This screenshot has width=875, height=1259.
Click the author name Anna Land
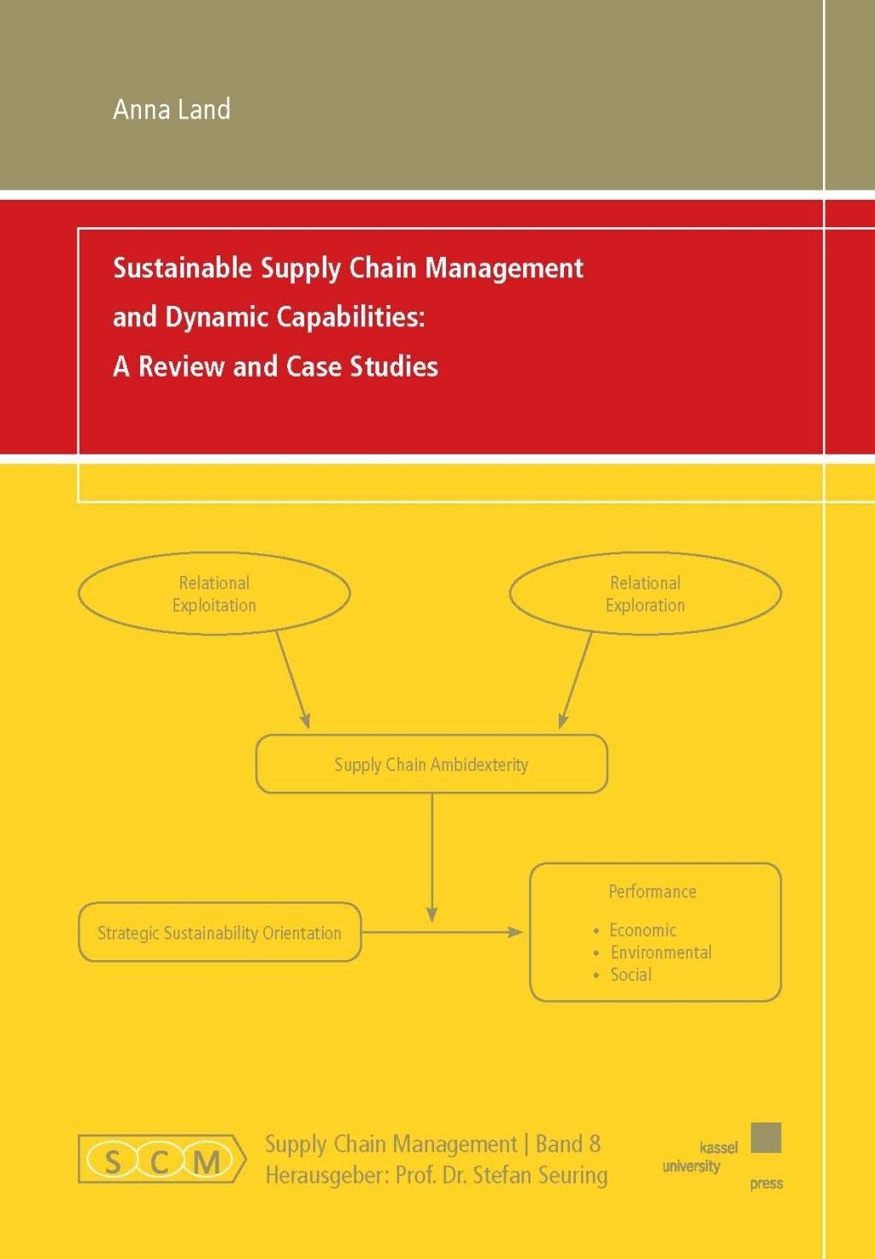point(172,109)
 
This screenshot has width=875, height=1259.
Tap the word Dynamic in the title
point(205,318)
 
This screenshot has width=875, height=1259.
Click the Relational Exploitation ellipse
point(214,594)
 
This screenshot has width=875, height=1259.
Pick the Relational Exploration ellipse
point(645,594)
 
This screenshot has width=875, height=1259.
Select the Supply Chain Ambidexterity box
point(432,764)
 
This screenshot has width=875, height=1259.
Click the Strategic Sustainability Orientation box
point(220,933)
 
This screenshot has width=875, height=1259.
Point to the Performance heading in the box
point(652,892)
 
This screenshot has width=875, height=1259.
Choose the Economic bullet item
point(642,930)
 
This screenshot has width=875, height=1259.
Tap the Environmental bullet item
point(660,952)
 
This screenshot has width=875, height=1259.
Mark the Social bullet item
point(631,975)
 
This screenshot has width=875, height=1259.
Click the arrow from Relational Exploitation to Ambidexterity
point(292,679)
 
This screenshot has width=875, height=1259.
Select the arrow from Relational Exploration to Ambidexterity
point(576,679)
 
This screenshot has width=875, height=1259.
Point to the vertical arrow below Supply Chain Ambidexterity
point(432,854)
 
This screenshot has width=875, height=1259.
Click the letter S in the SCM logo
point(112,1162)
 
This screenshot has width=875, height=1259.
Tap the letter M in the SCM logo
point(207,1162)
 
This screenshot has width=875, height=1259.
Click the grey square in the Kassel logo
point(766,1138)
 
